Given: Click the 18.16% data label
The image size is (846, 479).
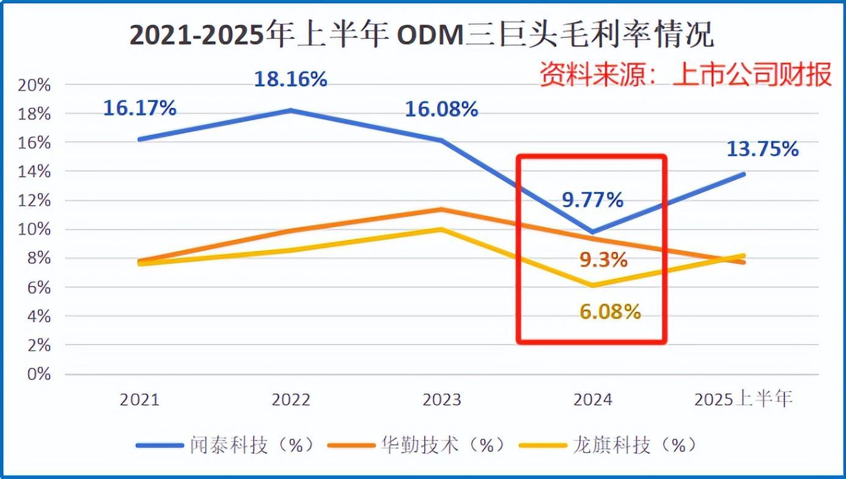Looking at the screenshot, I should [290, 79].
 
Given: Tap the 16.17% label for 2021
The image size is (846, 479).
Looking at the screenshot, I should [139, 109].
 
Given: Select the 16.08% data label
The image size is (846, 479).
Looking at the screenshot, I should [441, 109].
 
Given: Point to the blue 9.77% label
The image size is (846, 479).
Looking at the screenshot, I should [592, 199].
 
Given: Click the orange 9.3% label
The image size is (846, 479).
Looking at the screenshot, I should [603, 260].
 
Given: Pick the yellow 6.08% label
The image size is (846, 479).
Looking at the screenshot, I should [610, 312].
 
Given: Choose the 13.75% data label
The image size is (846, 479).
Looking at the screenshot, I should [762, 149].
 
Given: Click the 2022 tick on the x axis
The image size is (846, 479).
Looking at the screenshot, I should [291, 400].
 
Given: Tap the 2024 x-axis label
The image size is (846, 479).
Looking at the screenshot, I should [592, 400].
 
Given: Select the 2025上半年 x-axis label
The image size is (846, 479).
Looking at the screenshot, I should [743, 400].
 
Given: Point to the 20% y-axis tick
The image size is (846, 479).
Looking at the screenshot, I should [34, 85].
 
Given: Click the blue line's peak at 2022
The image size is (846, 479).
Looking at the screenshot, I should [291, 111].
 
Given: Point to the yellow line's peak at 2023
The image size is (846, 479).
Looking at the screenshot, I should [441, 230].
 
